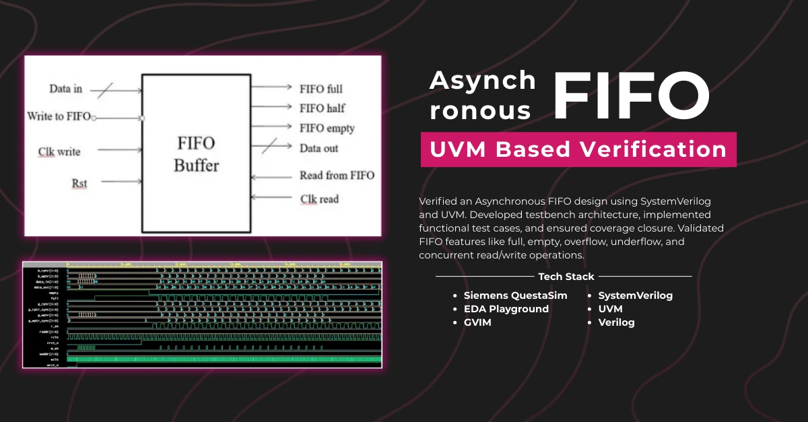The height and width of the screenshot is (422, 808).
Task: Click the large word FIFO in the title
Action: click(631, 96)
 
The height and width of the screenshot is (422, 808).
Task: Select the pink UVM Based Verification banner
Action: click(578, 149)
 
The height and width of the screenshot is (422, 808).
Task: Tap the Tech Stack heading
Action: click(566, 277)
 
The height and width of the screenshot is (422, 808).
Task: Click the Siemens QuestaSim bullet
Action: click(515, 295)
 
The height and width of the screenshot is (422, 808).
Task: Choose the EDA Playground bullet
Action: click(506, 309)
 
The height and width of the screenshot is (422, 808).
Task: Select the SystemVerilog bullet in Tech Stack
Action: click(635, 295)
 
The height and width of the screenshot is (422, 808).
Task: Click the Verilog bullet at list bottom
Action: click(616, 322)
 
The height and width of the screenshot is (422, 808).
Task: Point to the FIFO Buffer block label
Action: click(195, 154)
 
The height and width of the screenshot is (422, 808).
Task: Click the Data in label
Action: click(65, 89)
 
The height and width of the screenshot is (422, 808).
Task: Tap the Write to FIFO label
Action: click(59, 116)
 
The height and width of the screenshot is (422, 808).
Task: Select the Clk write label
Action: click(59, 151)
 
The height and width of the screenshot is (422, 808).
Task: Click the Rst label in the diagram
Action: click(79, 182)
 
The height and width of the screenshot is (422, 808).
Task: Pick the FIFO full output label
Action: click(321, 88)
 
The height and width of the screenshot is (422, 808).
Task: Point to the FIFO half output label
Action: click(323, 108)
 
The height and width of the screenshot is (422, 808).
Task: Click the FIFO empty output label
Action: click(327, 128)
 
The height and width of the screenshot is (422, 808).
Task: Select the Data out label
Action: click(319, 148)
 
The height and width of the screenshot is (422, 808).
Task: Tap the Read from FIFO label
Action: click(337, 176)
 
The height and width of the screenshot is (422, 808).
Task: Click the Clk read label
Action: click(319, 199)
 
